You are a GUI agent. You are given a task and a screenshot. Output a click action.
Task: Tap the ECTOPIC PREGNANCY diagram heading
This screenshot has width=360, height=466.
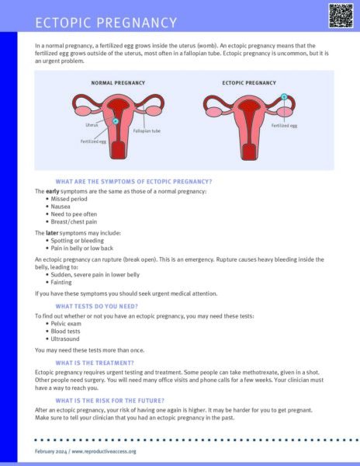coord(249,82)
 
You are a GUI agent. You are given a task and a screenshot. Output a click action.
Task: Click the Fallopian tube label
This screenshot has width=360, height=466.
coord(147,131)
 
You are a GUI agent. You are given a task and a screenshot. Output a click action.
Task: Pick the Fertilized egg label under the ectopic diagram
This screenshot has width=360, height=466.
coord(284,124)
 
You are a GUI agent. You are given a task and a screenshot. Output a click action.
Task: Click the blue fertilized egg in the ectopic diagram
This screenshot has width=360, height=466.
coord(284,98)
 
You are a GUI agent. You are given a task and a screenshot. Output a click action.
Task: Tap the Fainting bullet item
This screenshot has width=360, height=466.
coord(63,282)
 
